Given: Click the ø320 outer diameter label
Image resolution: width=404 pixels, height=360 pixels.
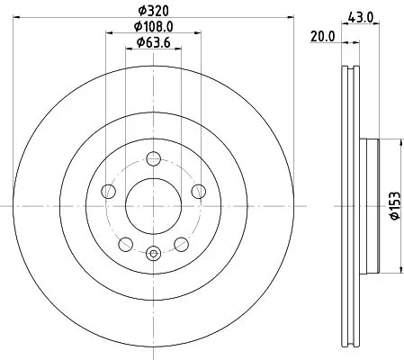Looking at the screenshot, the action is point(153,11).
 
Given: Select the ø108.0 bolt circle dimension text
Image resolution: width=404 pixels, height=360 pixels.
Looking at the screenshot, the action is point(153,27).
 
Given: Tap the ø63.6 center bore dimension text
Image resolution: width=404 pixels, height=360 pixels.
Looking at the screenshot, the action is point(153,42).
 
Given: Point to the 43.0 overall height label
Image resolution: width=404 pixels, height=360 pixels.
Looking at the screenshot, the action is point(361,17).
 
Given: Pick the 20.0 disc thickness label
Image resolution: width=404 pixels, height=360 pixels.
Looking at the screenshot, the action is point(322,37).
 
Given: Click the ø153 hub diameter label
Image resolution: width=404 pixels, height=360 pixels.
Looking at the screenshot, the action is point(395,206).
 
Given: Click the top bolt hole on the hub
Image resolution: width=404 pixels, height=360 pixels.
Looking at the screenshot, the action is point(154,158).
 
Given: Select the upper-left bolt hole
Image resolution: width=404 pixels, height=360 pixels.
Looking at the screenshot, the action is point(108,191).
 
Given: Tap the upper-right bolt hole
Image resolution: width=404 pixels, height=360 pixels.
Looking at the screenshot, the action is point(199,191).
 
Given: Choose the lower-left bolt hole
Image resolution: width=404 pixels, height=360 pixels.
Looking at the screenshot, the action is point(126,244).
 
